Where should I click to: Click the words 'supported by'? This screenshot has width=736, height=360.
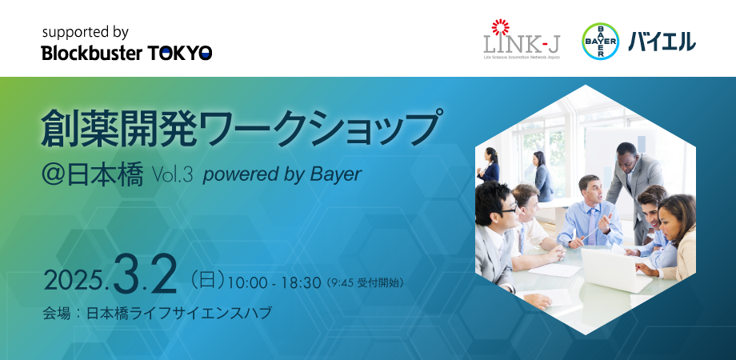click(x=86, y=32)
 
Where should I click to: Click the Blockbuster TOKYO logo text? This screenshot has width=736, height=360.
click(x=126, y=53)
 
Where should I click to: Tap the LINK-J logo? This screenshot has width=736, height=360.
click(x=522, y=39)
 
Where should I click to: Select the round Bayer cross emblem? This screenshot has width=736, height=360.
click(x=600, y=42)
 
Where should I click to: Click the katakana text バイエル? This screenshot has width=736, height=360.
click(x=662, y=42)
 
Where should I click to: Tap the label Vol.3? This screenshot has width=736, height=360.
click(x=172, y=175)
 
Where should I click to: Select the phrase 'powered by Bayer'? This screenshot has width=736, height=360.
click(x=282, y=175)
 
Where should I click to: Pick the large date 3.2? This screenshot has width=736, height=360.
click(x=145, y=274)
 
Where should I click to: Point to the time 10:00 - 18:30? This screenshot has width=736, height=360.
click(x=274, y=283)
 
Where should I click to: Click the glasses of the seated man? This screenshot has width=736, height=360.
click(x=507, y=208)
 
